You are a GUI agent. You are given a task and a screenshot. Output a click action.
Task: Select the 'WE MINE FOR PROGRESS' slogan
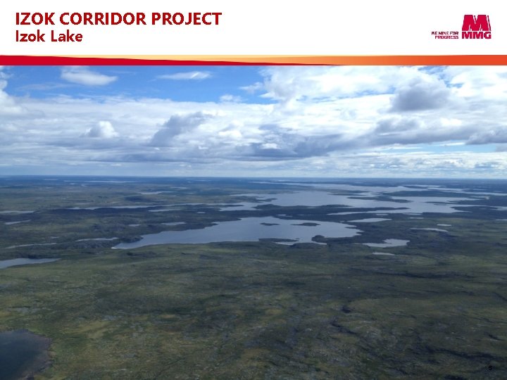[444, 34]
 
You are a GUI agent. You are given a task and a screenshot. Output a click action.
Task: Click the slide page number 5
[490, 368]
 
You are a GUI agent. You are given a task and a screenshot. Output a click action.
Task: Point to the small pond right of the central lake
[387, 243]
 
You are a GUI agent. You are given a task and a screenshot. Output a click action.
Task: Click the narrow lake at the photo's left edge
[21, 262]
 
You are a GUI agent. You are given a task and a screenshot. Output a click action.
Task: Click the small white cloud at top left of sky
[87, 75]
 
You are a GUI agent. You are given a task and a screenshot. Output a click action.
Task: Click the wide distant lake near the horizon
[366, 199]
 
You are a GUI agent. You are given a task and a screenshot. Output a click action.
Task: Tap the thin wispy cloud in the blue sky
[184, 75]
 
